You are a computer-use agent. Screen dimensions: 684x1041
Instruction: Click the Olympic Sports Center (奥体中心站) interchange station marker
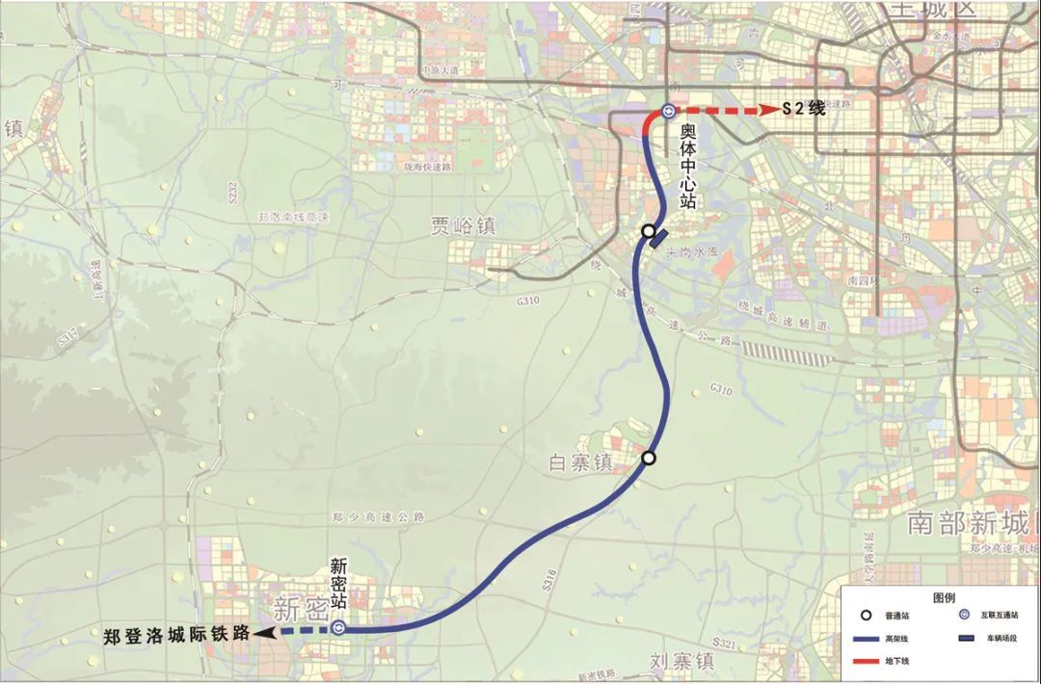pos(668,111)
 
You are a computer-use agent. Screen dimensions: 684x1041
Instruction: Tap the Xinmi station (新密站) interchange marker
pos(338,628)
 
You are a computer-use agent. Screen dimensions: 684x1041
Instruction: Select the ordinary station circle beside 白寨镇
pos(650,458)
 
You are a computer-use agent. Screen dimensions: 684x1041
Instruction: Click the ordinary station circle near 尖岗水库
pos(649,231)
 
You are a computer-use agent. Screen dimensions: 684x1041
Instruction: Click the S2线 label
pos(804,110)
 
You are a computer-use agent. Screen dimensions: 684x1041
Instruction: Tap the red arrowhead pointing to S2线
pos(769,110)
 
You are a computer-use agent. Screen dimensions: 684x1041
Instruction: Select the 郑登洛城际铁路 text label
pos(176,634)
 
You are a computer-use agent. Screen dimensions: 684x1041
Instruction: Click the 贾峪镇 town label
pos(463,226)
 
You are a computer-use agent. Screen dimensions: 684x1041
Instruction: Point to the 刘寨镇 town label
pos(681,662)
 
